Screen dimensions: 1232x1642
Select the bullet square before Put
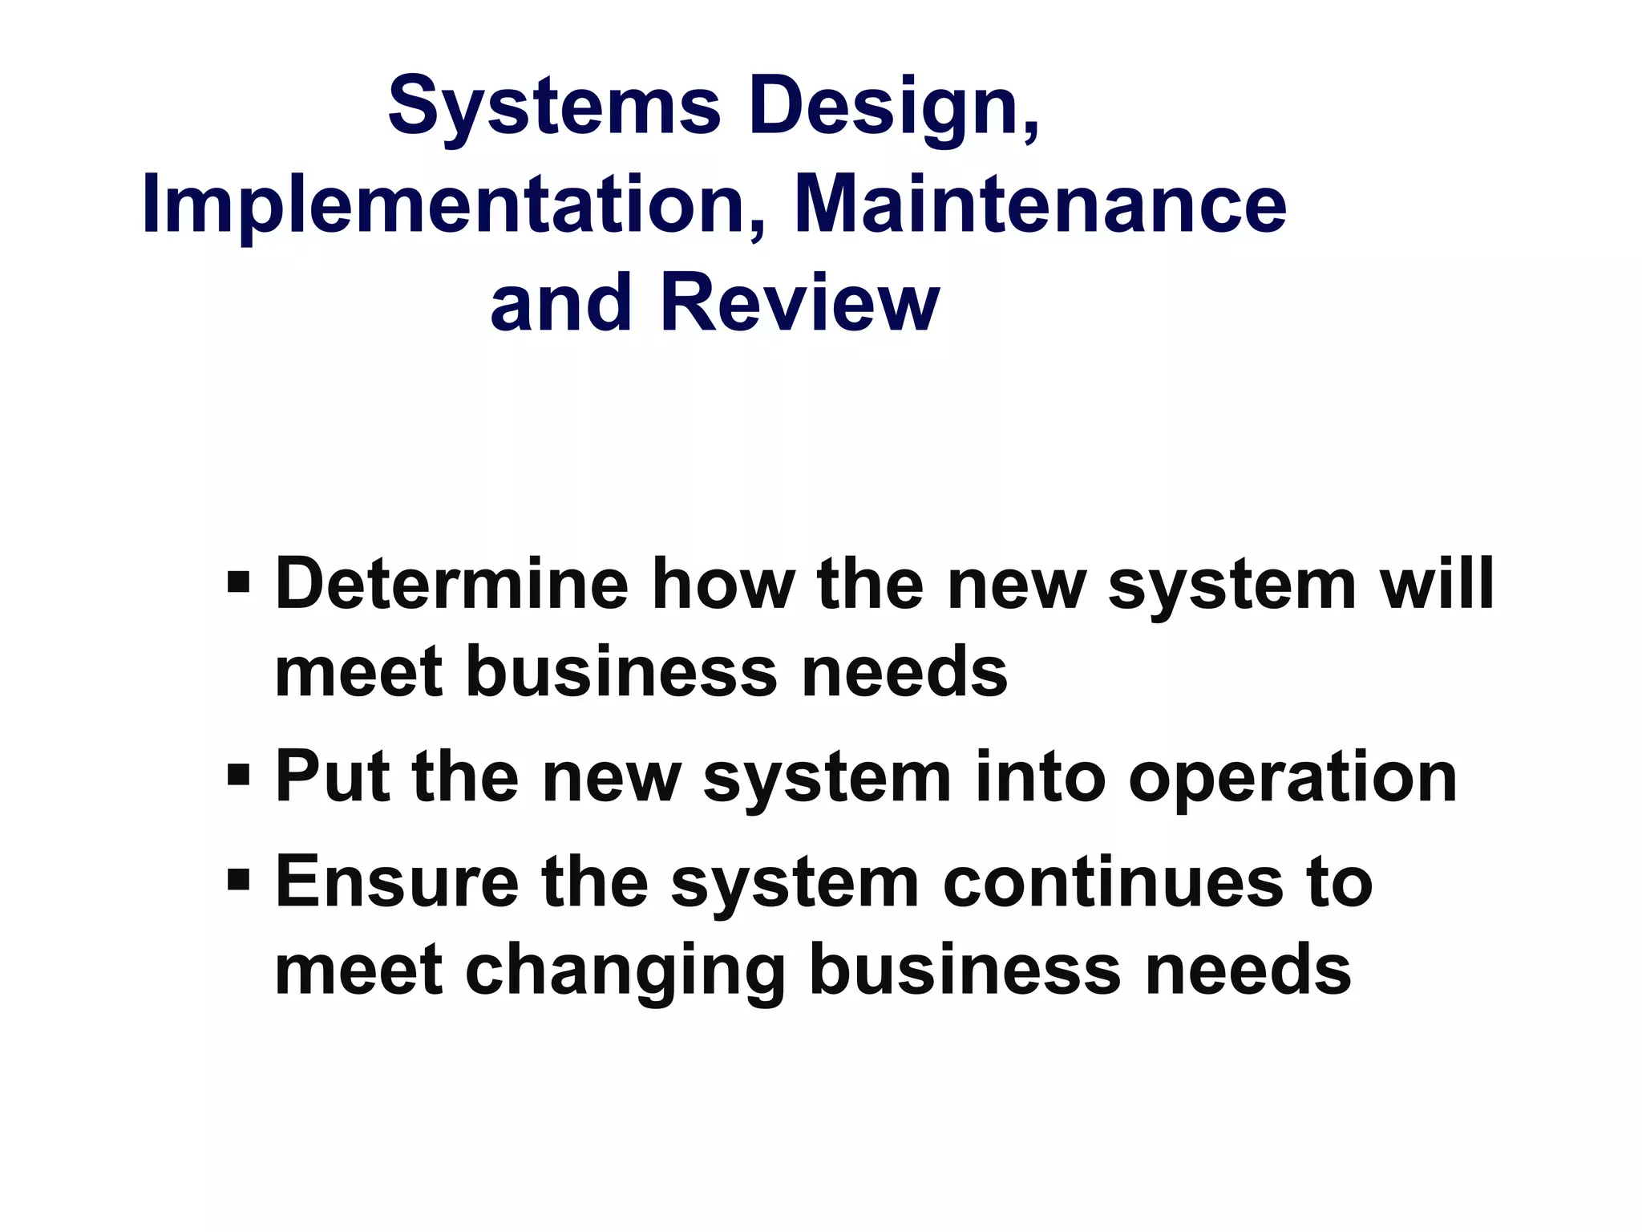tap(238, 774)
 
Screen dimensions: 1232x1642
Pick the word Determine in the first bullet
tap(451, 584)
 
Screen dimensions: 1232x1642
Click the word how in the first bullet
tap(722, 584)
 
